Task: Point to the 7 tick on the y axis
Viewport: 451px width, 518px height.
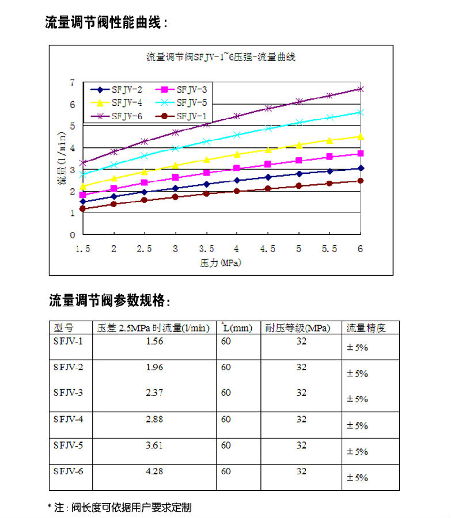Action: click(73, 82)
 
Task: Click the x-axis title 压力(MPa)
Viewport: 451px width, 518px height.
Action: click(220, 263)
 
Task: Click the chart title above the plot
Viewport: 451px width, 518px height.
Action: click(221, 57)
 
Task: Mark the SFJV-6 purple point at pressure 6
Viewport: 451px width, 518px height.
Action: click(361, 89)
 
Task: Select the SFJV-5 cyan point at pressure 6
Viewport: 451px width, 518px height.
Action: click(361, 112)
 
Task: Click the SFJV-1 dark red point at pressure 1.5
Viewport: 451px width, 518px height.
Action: click(83, 209)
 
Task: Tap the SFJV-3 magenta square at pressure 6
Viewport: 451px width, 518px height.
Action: click(361, 153)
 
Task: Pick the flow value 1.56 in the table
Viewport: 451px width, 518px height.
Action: click(154, 341)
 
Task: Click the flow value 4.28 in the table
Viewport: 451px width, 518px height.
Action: click(154, 471)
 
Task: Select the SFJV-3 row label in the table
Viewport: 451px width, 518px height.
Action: click(68, 393)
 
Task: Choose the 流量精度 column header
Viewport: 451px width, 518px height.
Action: click(366, 327)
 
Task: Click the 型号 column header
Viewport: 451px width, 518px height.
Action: click(63, 327)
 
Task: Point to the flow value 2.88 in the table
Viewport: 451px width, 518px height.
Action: click(154, 419)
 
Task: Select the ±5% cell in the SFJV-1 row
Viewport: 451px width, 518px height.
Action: click(357, 348)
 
